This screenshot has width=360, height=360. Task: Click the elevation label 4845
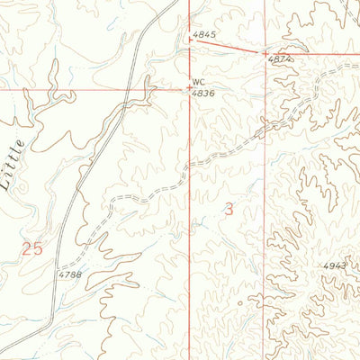pos(204,36)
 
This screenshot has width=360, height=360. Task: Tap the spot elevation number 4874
pos(280,59)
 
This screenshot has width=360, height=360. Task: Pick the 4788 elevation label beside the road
pos(69,274)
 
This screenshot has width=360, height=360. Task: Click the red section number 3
pos(229,210)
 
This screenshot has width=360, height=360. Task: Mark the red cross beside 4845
pos(190,39)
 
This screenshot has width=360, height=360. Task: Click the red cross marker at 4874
pos(265,53)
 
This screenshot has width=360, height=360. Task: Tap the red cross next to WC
pos(189,88)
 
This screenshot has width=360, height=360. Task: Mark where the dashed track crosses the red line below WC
pos(190,166)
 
